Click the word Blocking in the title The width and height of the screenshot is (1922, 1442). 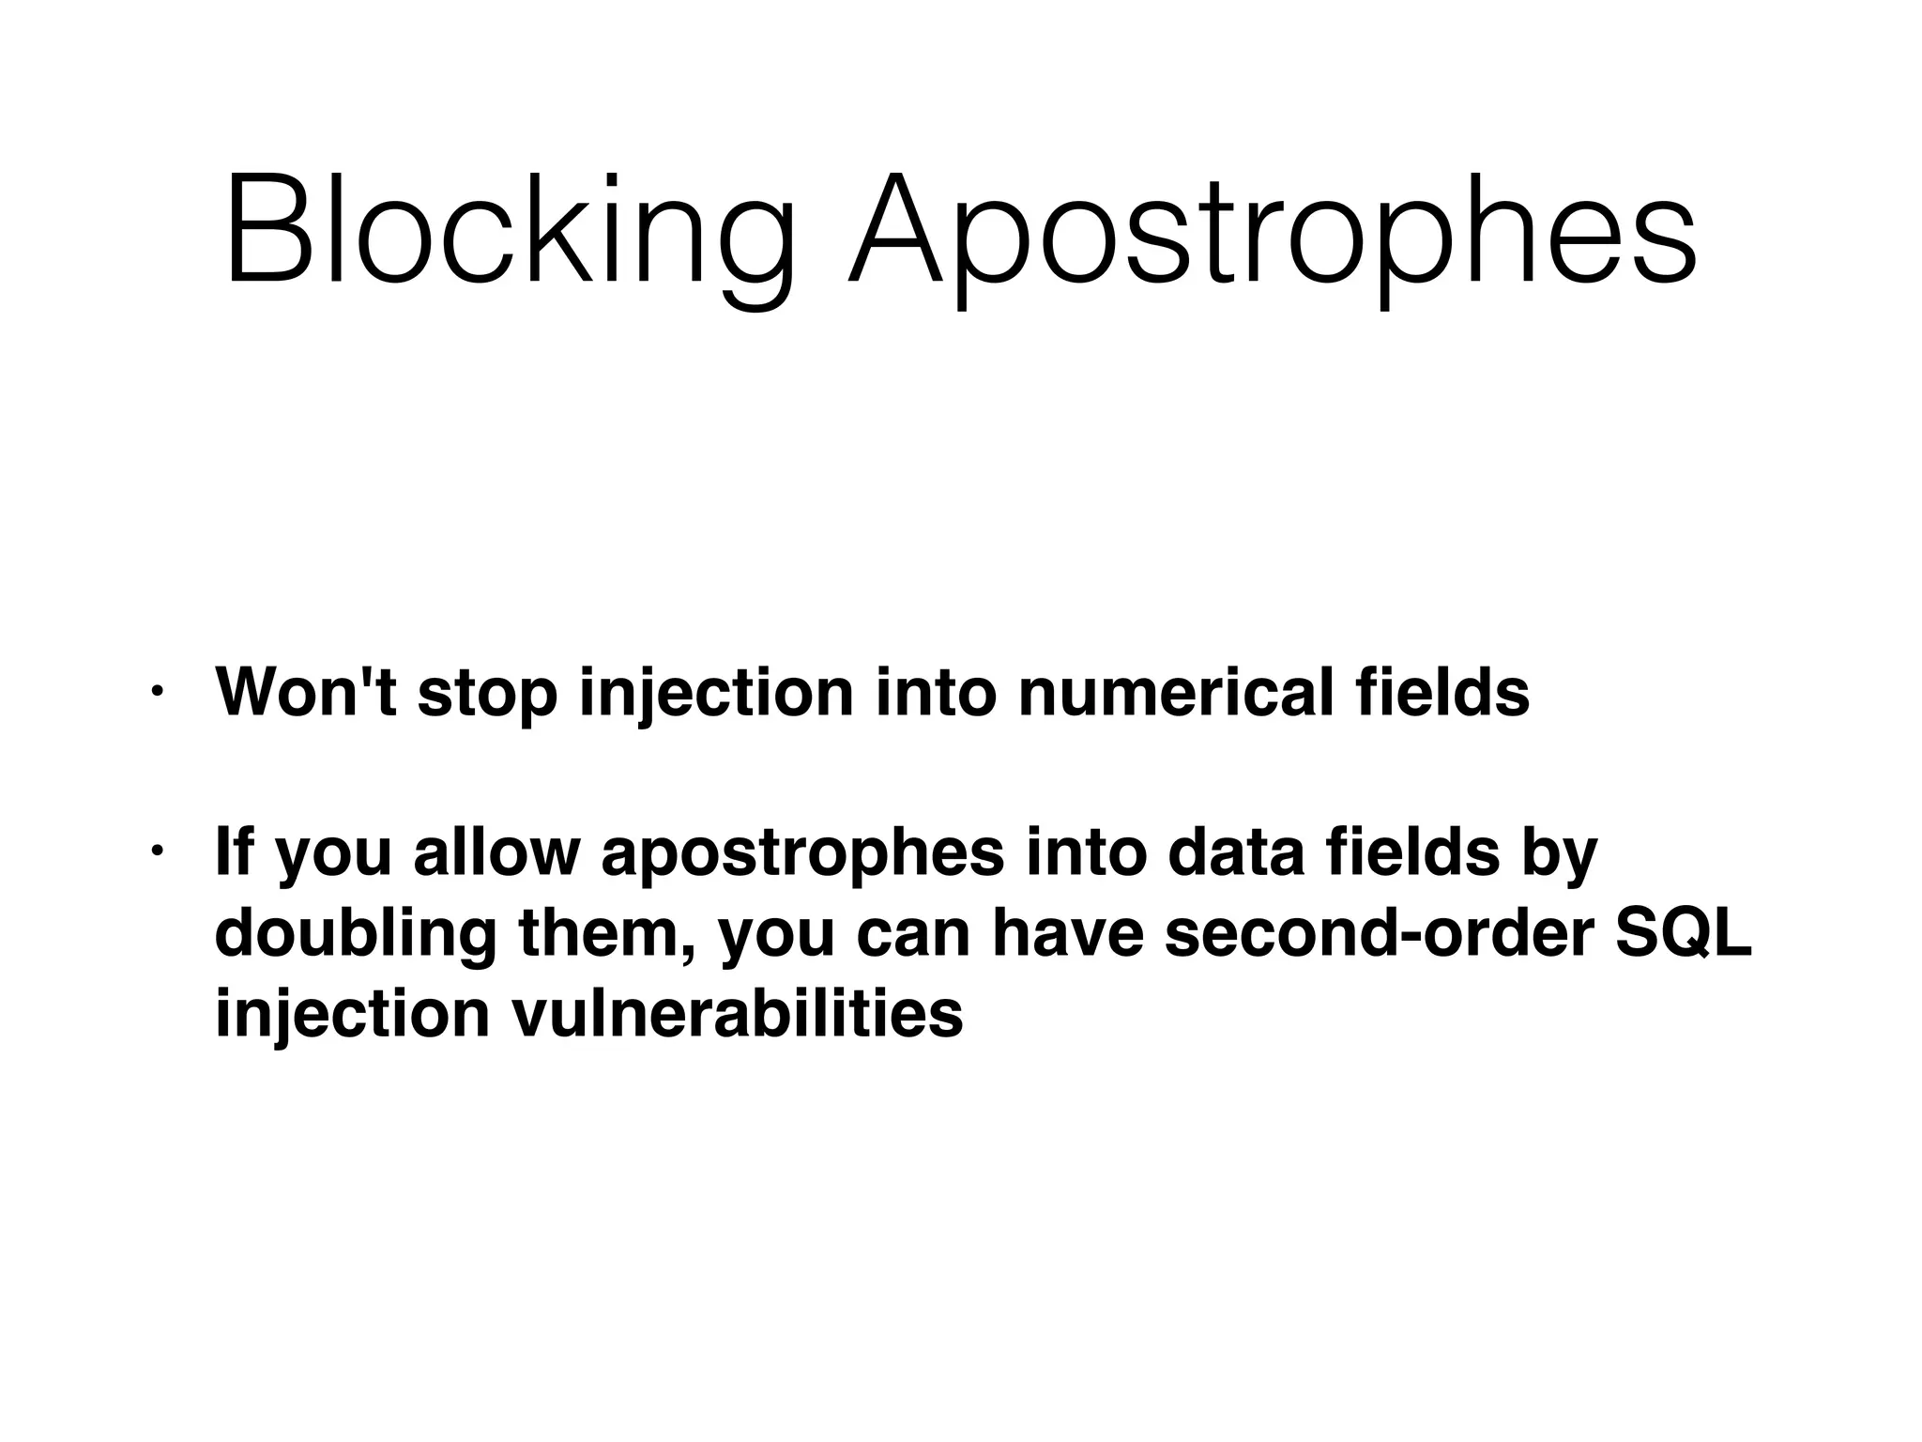coord(511,230)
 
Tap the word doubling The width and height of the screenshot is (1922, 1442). coord(356,936)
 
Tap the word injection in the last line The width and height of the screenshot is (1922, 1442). coord(352,1016)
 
